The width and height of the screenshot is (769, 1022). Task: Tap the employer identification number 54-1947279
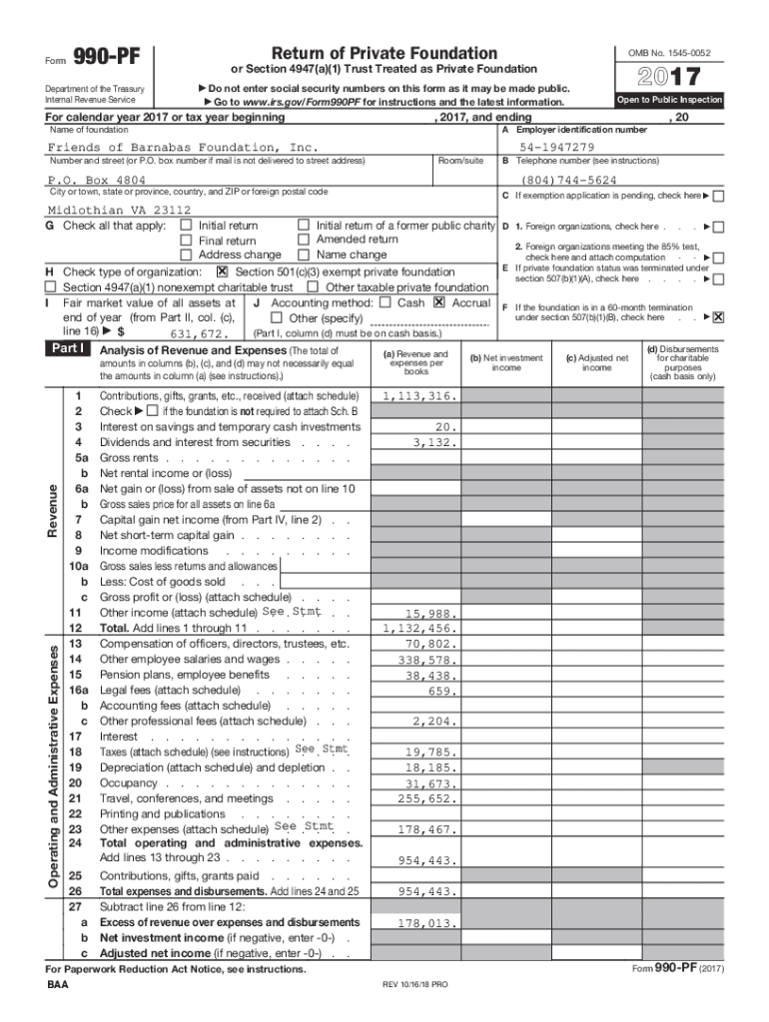556,148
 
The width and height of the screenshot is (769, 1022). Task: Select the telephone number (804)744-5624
569,181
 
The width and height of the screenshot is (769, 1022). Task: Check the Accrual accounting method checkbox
438,302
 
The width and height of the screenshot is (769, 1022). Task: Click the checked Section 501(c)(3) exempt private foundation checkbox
222,271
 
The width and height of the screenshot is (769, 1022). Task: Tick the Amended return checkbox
305,240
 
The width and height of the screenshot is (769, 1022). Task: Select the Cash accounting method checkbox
384,302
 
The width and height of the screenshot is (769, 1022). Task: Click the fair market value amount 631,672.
201,334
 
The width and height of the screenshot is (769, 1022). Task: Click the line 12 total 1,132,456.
419,629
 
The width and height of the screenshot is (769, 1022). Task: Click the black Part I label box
69,349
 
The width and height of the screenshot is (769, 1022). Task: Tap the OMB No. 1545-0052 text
669,52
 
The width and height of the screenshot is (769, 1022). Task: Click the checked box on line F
718,317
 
